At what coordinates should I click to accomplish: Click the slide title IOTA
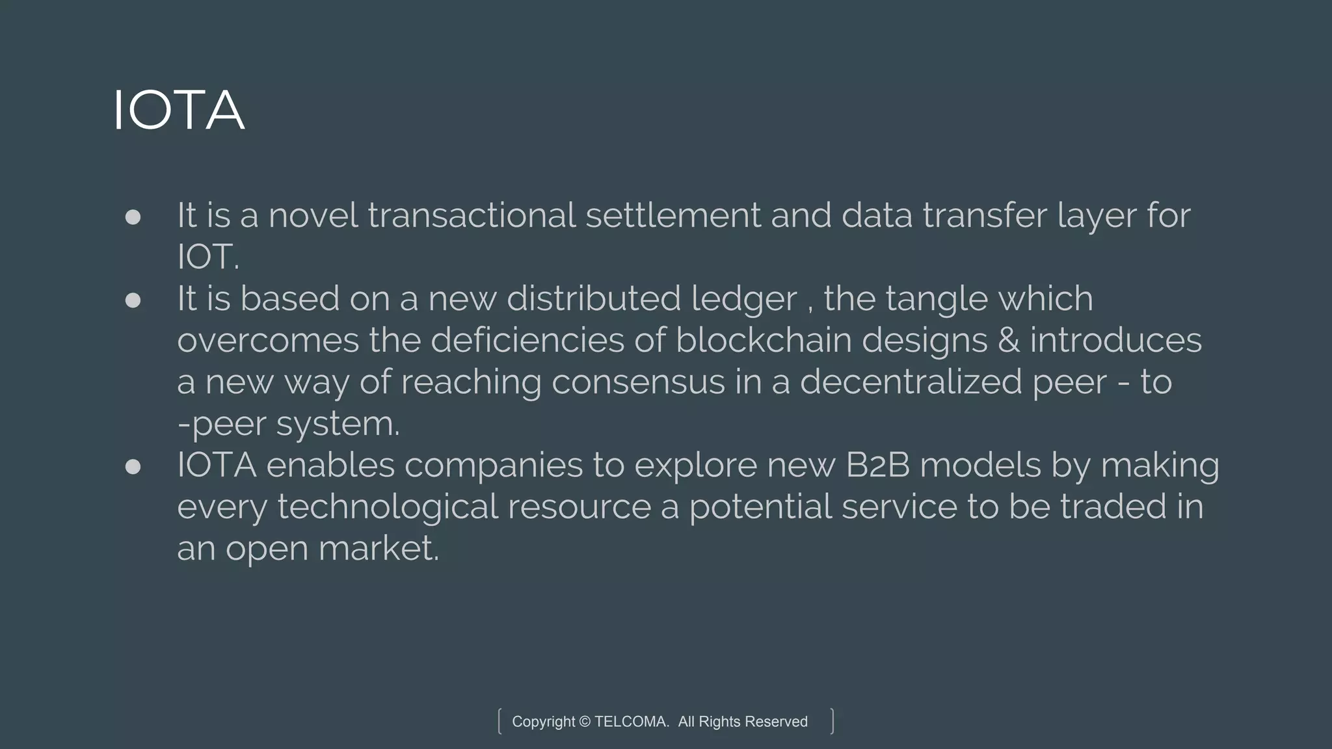coord(179,110)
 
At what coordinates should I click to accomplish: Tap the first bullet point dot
coord(133,217)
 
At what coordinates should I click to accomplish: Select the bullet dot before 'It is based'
coord(133,300)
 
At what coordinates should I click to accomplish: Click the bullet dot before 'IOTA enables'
coord(133,467)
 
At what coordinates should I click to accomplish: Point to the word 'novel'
coord(313,215)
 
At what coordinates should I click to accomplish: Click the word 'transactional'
coord(472,215)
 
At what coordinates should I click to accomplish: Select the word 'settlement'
coord(673,215)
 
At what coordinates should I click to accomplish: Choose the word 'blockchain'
coord(764,340)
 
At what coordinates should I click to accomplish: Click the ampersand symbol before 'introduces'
coord(1008,341)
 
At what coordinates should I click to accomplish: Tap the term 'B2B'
coord(877,465)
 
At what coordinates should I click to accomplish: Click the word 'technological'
coord(388,507)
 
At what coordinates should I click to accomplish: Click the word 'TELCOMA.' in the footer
coord(632,722)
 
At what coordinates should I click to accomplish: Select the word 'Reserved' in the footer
coord(776,722)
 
